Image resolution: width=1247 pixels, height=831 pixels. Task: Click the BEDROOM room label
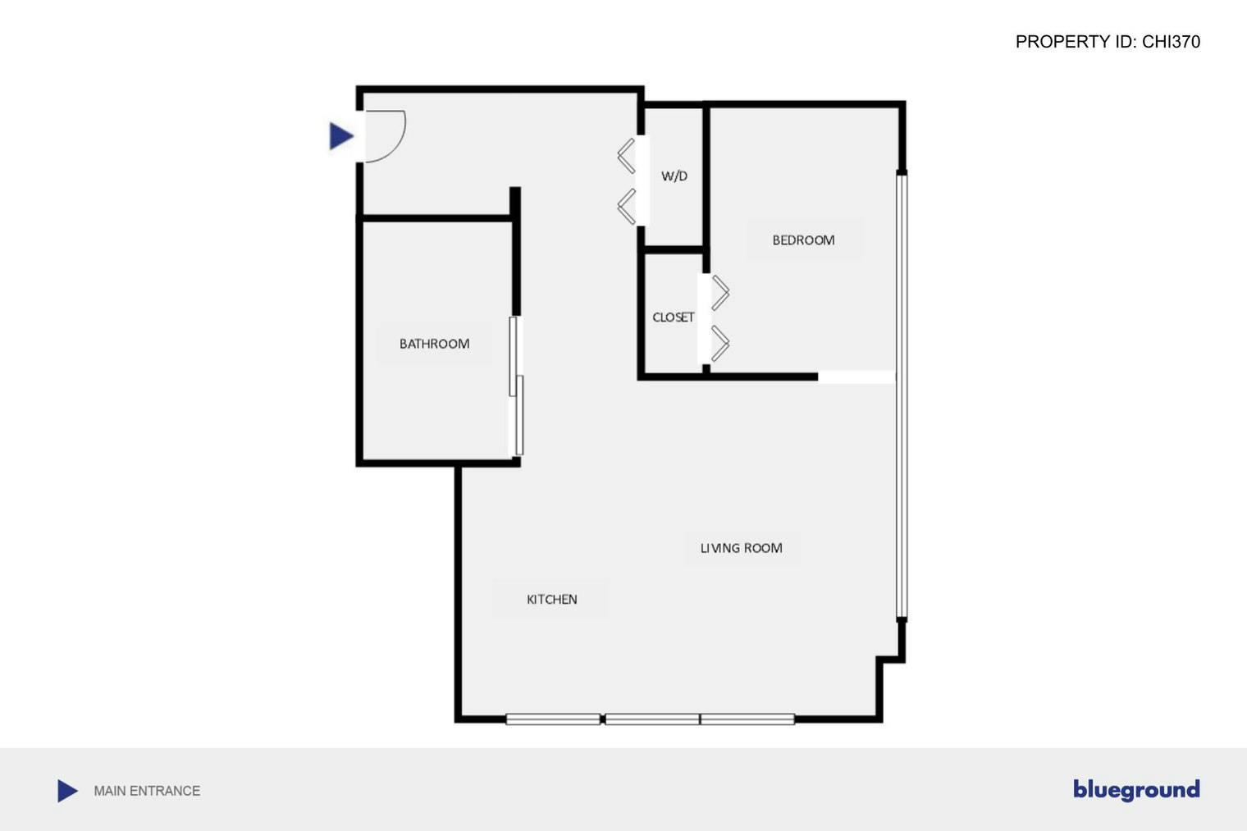(803, 240)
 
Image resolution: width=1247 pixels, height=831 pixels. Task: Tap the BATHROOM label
(434, 344)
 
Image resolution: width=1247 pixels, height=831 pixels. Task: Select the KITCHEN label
(551, 600)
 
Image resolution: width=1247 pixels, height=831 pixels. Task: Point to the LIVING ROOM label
(741, 548)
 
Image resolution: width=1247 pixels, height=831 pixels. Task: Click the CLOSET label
(673, 317)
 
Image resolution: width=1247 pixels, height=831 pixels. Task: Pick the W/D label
(674, 176)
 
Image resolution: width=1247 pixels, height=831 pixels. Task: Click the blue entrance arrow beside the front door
(340, 136)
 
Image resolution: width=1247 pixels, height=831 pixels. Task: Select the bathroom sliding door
(516, 386)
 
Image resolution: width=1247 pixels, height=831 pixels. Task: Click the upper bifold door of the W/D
(627, 156)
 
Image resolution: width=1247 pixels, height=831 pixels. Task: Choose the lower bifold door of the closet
(719, 343)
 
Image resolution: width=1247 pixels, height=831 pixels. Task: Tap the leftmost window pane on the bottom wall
(553, 719)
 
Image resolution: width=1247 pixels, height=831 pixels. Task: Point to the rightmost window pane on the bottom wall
(747, 719)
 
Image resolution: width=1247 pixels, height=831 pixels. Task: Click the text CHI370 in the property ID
(1171, 42)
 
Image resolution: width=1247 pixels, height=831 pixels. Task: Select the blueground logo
(1136, 790)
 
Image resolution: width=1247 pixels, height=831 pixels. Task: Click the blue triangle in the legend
(67, 791)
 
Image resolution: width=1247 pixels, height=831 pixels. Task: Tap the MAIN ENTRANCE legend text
(147, 791)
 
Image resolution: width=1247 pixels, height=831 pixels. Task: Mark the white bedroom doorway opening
(856, 377)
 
